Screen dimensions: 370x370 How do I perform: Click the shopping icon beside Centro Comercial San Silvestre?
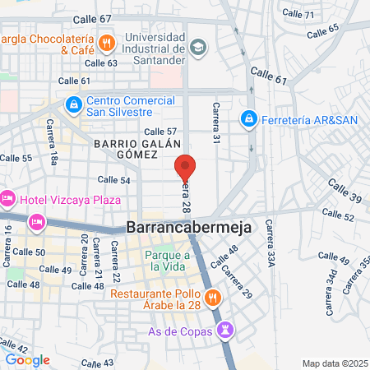tap(74, 105)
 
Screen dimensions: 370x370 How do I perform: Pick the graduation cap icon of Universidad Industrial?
tap(197, 47)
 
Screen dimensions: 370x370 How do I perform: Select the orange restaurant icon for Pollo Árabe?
tap(213, 298)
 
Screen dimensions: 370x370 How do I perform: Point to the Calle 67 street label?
tap(92, 18)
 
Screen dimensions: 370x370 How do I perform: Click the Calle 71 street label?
tap(298, 15)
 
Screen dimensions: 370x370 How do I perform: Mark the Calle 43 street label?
tap(97, 363)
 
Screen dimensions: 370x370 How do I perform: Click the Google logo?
tap(27, 359)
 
